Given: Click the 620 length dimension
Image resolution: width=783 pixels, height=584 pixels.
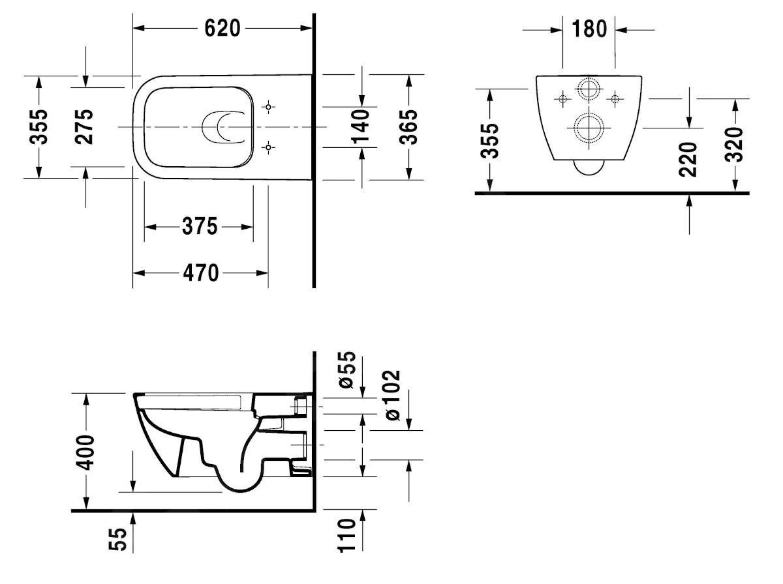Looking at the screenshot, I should pos(223,28).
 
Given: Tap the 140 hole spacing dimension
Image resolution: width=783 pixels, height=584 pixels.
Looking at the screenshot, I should pos(360,126).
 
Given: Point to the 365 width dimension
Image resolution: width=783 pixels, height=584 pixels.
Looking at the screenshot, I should pos(408,126).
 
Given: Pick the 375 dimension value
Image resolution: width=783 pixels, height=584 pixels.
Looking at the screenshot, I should pos(198,227).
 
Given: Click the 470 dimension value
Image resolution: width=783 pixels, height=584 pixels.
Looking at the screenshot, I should pos(200,273).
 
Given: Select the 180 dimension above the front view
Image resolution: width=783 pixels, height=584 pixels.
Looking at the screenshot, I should pos(589,29).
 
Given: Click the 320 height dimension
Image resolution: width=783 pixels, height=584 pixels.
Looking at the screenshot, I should pos(735,145).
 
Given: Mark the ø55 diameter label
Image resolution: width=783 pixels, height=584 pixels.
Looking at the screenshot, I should pos(347,370).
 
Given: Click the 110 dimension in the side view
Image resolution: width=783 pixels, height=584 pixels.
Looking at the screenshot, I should pos(347,536).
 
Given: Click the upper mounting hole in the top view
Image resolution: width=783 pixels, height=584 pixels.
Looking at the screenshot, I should pos(268,106).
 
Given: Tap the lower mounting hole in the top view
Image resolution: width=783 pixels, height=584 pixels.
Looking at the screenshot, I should pos(268,147).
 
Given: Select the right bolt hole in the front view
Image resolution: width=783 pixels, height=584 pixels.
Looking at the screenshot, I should pos(613,98).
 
